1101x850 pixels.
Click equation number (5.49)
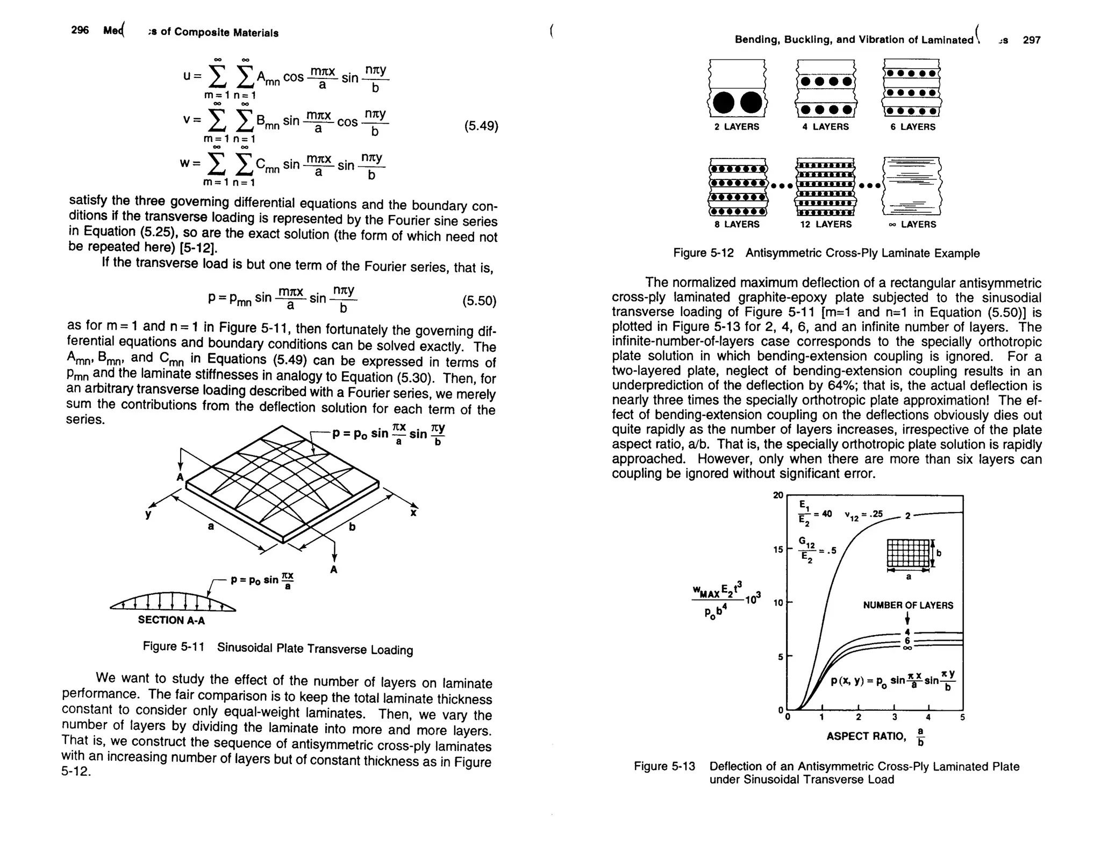click(481, 126)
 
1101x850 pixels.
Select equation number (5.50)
click(479, 301)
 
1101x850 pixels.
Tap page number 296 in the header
click(80, 30)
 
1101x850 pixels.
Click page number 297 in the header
click(1032, 40)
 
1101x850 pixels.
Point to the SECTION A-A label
click(171, 620)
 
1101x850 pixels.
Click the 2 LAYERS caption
click(737, 127)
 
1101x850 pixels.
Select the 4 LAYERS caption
click(825, 127)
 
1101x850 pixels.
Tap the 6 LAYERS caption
click(913, 127)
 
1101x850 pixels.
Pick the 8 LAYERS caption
click(737, 224)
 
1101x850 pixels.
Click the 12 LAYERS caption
click(826, 224)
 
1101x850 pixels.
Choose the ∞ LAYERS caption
click(912, 224)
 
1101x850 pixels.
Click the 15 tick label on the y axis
click(778, 550)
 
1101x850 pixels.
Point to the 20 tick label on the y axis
click(778, 495)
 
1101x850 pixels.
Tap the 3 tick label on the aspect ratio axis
click(894, 717)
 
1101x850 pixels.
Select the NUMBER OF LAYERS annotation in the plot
click(908, 606)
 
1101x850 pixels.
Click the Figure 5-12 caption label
click(703, 253)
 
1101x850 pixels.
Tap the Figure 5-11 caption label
click(173, 646)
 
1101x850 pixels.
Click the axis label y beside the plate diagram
click(148, 515)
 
